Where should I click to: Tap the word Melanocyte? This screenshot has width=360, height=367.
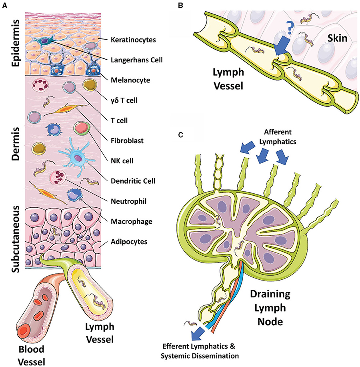131,80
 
